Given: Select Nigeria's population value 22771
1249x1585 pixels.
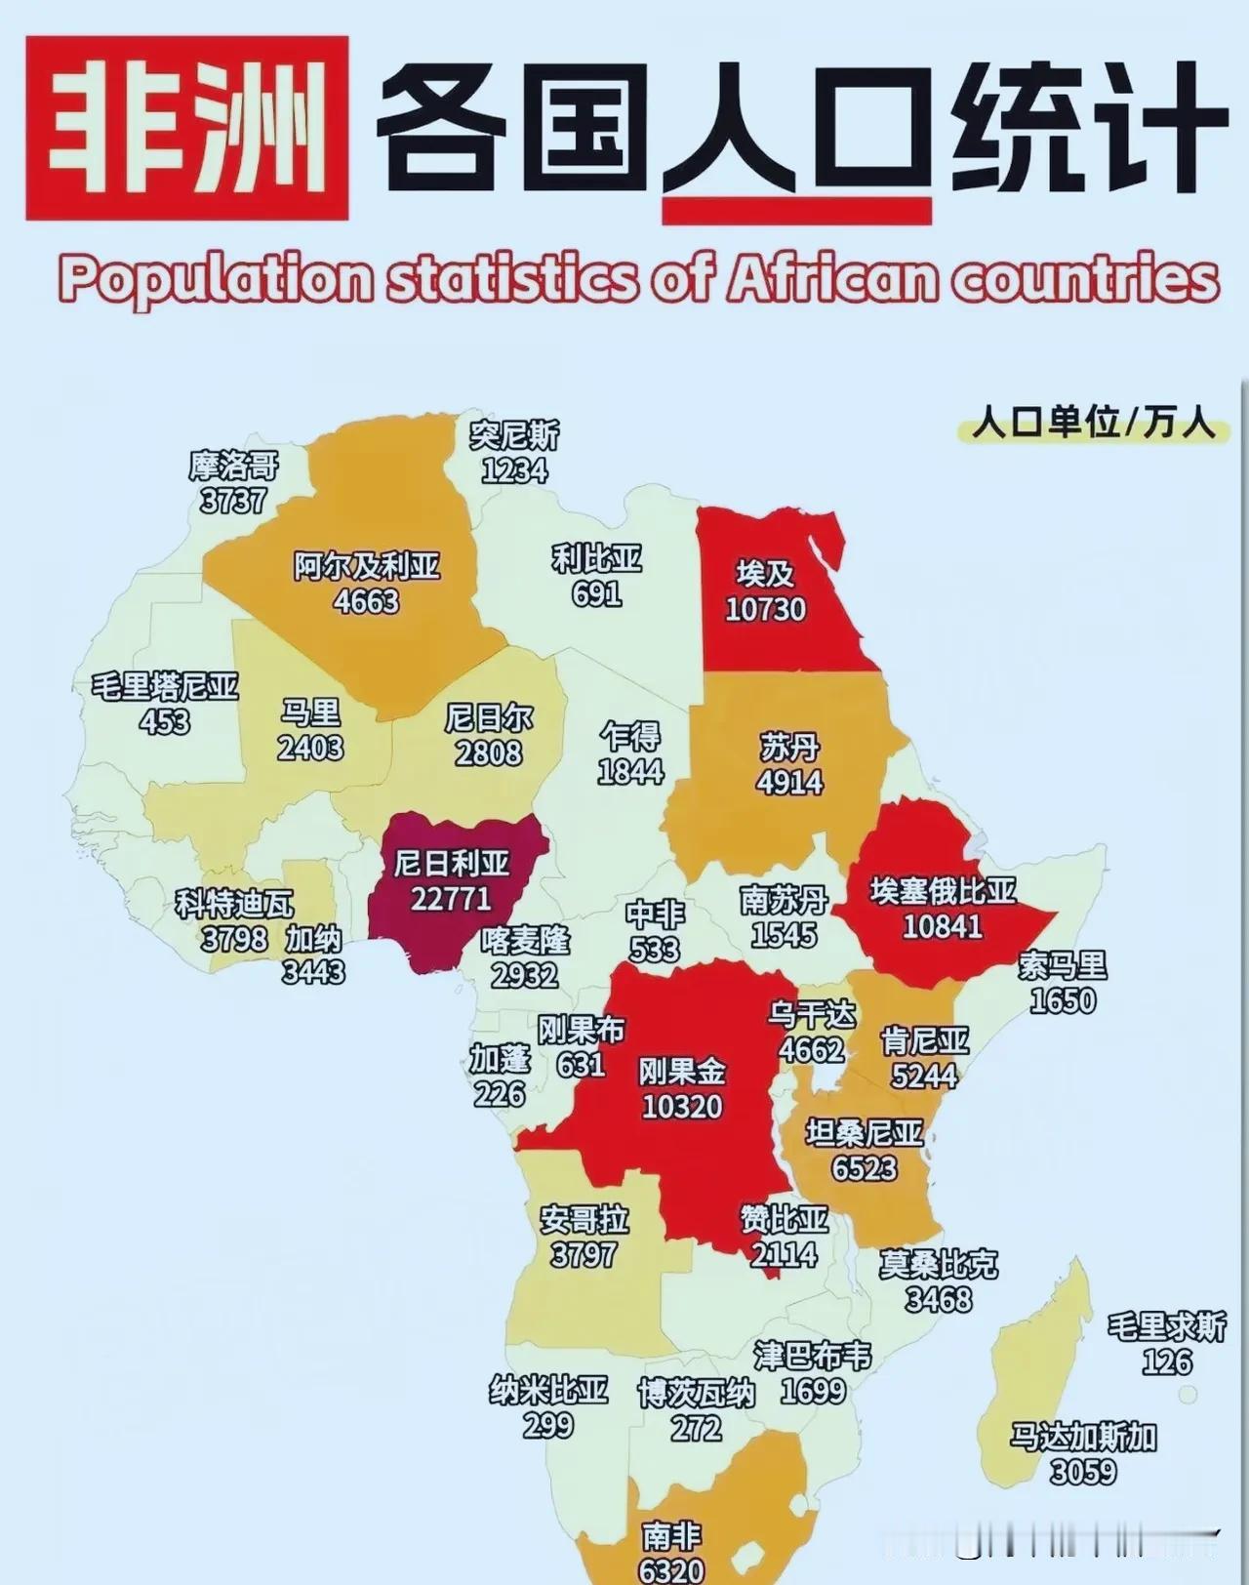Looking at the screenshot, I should tap(451, 898).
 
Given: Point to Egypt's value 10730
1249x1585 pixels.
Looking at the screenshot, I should tap(765, 609).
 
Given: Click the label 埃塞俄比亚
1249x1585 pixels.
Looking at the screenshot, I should tap(943, 891).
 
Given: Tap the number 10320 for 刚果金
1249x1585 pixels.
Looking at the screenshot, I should tap(682, 1107).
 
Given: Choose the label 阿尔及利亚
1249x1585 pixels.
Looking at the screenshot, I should tap(367, 566).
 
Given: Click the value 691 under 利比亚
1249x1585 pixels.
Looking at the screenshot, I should tap(597, 593).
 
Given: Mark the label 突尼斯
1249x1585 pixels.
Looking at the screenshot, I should tap(514, 434).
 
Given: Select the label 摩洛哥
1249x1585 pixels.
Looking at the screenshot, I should tap(233, 466).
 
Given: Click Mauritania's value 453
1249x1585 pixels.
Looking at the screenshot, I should tap(164, 722).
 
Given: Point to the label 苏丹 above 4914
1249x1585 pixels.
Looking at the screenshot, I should tap(789, 749).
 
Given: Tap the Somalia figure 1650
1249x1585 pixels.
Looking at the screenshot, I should tap(1062, 1001).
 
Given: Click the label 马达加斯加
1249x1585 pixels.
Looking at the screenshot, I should tap(1083, 1437).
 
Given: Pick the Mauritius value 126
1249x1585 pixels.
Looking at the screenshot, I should tap(1167, 1361).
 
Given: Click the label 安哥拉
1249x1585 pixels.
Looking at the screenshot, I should tap(584, 1220).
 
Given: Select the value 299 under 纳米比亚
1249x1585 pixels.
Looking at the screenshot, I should tap(547, 1426).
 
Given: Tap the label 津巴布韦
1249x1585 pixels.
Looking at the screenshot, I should tap(812, 1356).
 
